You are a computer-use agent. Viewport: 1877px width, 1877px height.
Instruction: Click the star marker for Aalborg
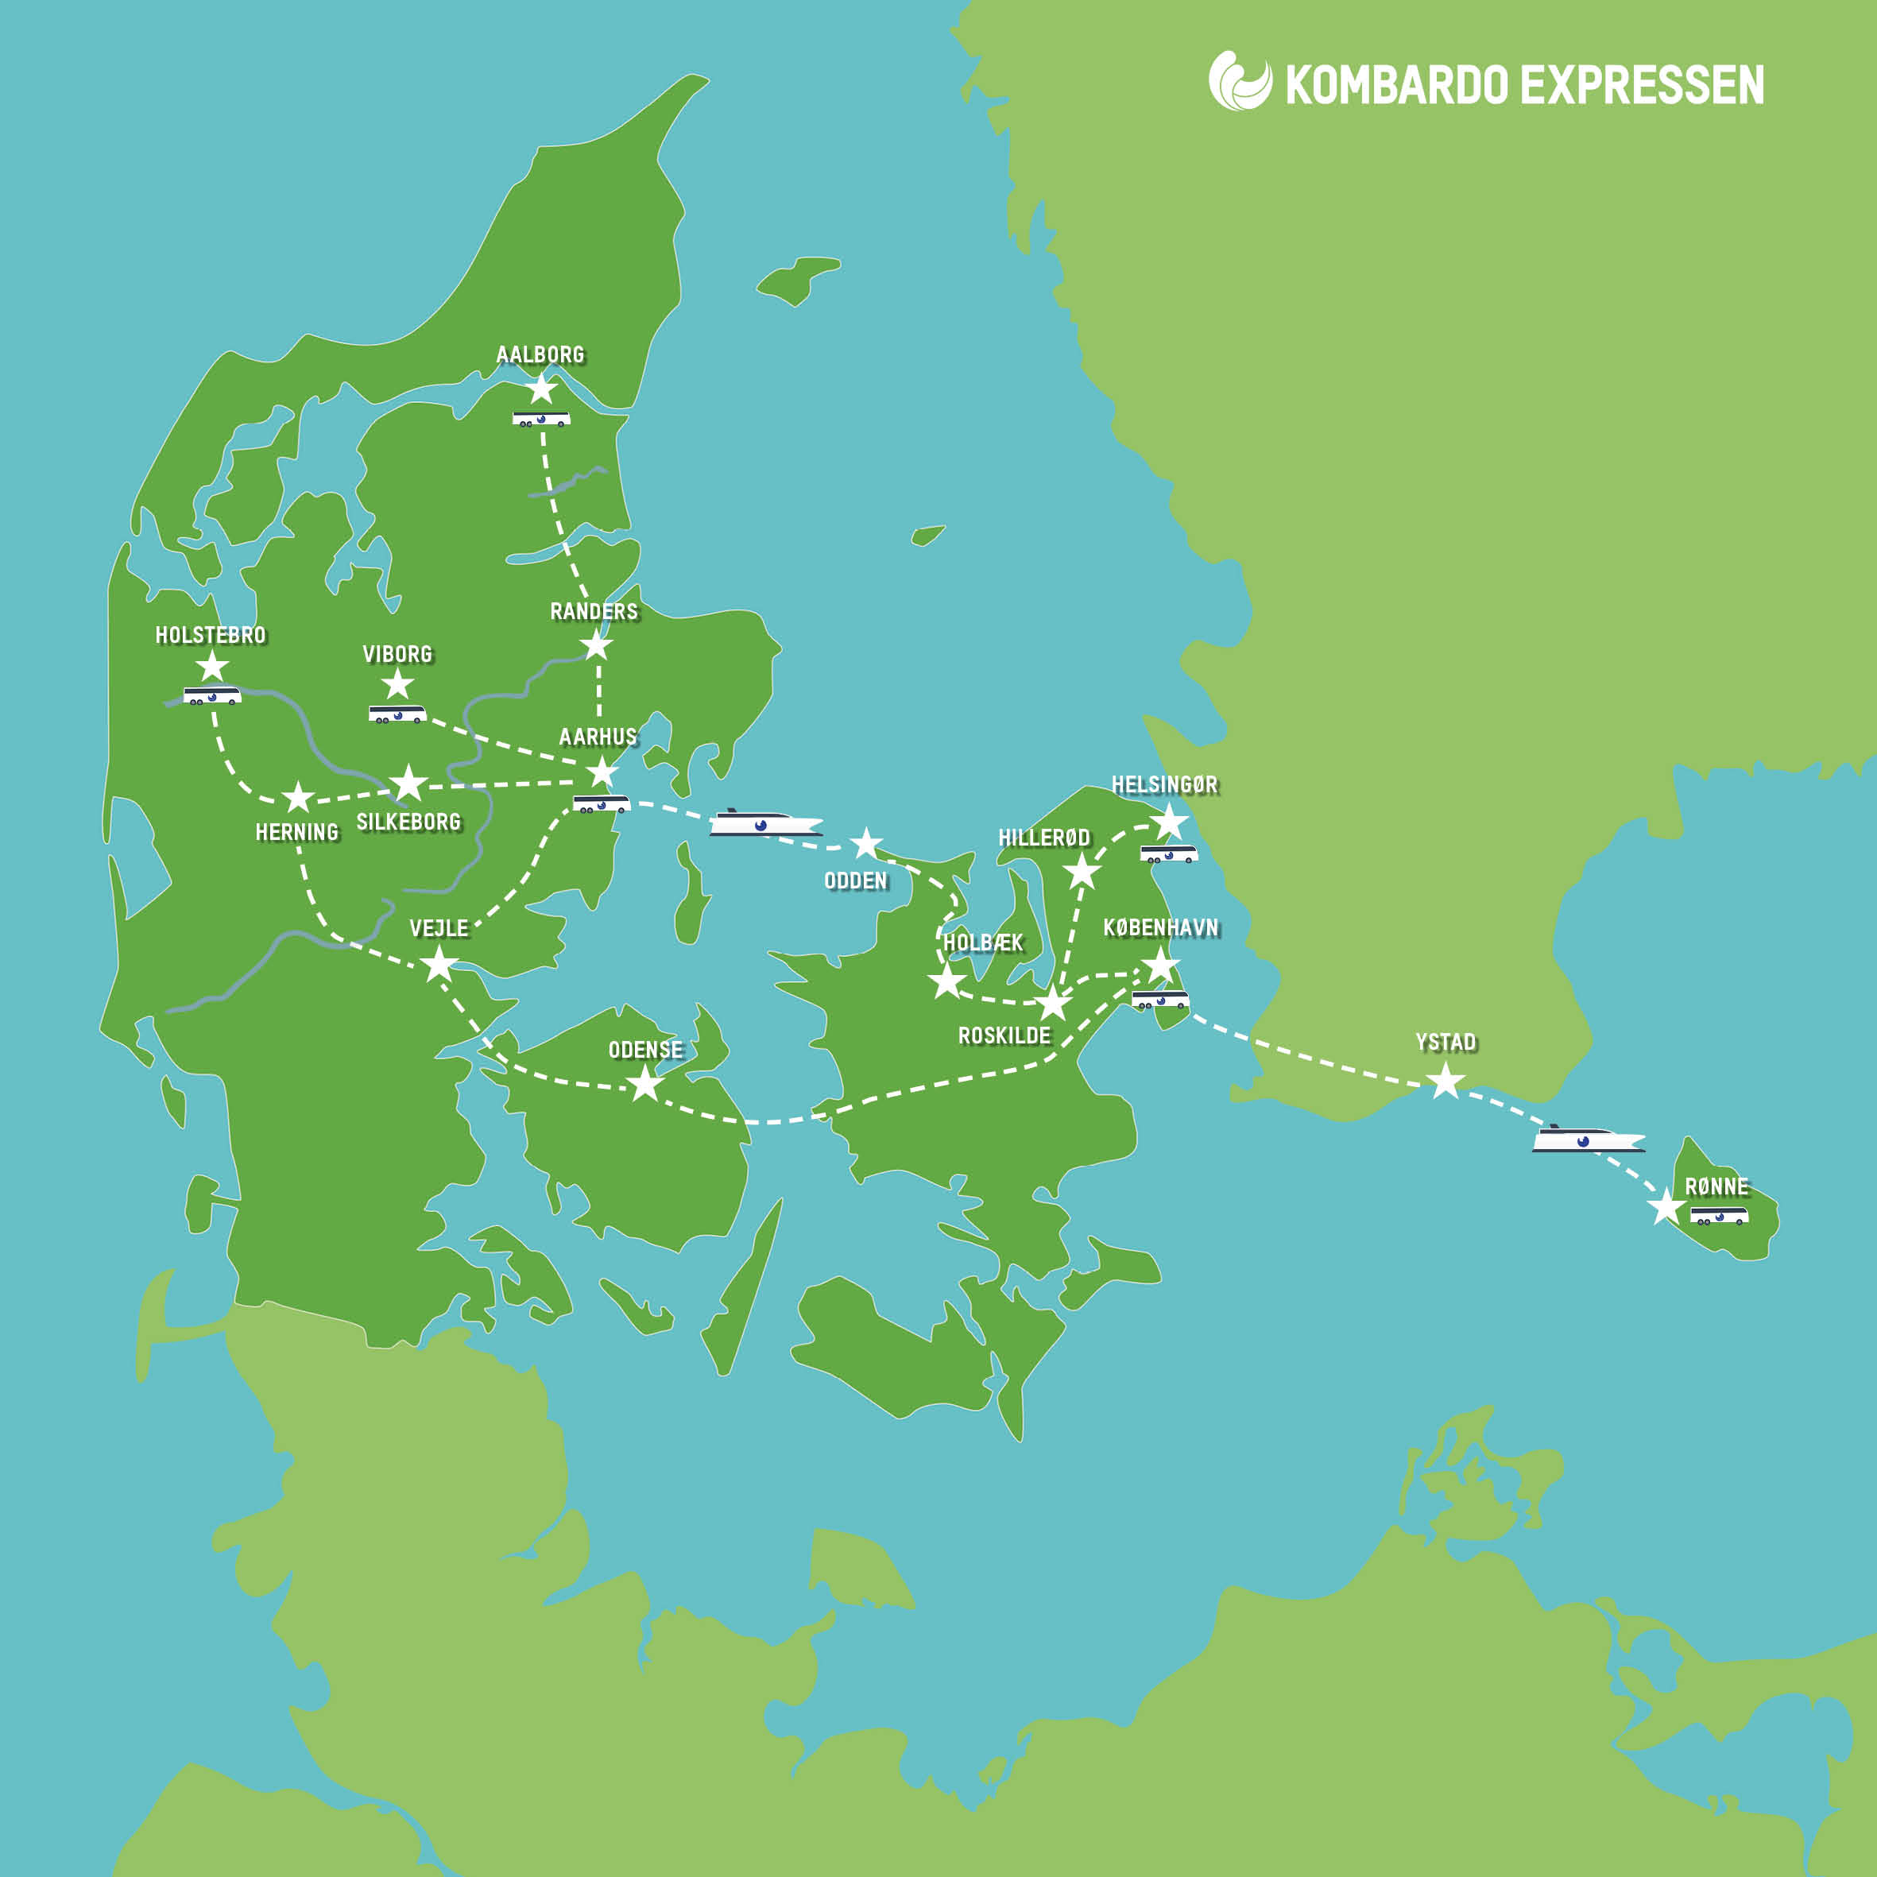(x=541, y=389)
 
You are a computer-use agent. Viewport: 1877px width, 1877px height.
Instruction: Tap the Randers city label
(x=594, y=611)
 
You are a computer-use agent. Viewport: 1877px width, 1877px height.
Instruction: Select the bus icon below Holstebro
(x=212, y=695)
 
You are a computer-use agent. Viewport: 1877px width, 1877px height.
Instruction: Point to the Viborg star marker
(x=397, y=684)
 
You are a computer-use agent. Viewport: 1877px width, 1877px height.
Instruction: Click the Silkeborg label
(x=408, y=822)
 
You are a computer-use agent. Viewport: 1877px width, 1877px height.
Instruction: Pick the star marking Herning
(x=298, y=797)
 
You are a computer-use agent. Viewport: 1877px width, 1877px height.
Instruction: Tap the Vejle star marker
(x=439, y=964)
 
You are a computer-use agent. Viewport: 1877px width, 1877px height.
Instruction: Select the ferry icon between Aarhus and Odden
(x=765, y=823)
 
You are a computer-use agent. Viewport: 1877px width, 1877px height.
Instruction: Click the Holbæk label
(x=983, y=942)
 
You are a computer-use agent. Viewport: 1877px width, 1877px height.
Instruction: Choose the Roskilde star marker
(x=1053, y=1003)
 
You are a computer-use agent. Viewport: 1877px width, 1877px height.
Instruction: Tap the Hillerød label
(x=1044, y=838)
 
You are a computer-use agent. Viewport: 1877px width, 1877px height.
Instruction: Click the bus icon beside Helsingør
(x=1169, y=854)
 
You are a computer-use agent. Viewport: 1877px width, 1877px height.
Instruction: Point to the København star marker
(x=1160, y=965)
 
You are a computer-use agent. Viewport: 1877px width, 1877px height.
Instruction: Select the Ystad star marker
(x=1445, y=1079)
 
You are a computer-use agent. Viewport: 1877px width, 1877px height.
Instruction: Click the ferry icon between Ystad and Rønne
(x=1588, y=1139)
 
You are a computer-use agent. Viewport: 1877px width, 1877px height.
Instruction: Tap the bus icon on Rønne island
(x=1719, y=1215)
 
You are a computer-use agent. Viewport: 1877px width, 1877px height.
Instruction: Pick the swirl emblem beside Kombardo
(x=1240, y=82)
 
